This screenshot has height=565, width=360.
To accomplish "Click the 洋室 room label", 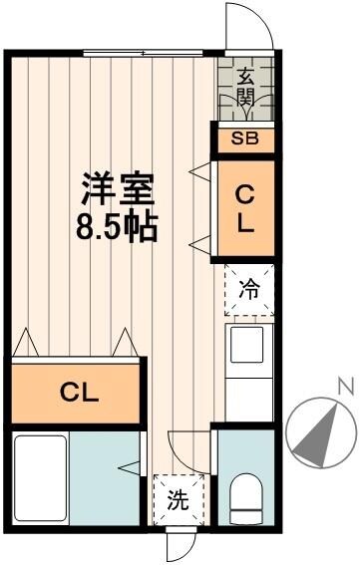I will click(x=117, y=188).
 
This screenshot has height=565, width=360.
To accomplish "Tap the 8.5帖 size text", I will click(x=117, y=226).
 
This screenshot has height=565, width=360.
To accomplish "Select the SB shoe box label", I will click(x=244, y=139).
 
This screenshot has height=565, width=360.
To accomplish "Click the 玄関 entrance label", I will click(x=245, y=88).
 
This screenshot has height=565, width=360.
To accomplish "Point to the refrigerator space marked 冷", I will click(x=248, y=289).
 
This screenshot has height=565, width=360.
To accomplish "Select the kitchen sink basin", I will click(x=245, y=345).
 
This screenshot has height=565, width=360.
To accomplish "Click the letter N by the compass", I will click(x=344, y=385).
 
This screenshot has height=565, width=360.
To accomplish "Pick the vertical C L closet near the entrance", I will click(x=245, y=207).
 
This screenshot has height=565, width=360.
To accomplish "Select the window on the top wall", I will click(x=145, y=52).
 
